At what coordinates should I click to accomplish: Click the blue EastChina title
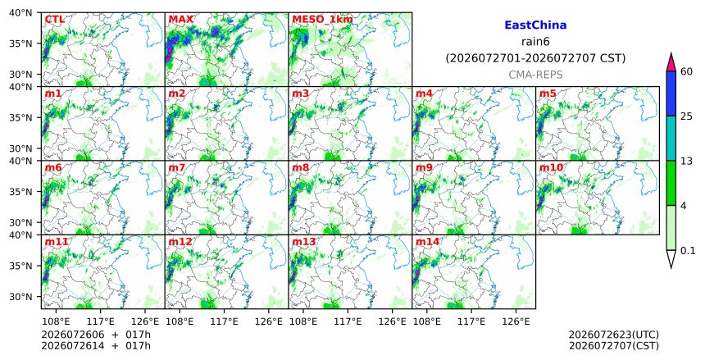tap(535, 25)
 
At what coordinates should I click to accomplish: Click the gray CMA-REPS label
tap(535, 75)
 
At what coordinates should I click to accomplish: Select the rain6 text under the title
tap(535, 42)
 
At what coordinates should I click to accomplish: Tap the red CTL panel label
tap(54, 19)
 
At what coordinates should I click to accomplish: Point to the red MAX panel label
tap(180, 19)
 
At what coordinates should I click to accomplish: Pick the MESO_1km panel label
tap(322, 20)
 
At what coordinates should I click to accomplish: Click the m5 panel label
tap(548, 93)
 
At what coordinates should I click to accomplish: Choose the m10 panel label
tap(551, 167)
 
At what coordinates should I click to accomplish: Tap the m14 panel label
tap(427, 242)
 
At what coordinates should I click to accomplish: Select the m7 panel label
tap(177, 167)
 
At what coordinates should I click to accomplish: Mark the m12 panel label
tap(180, 242)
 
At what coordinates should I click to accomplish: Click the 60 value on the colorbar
tap(686, 71)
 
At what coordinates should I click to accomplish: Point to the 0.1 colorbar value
tap(688, 251)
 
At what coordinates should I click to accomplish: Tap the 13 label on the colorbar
tap(686, 161)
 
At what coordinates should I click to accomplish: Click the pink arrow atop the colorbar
tap(671, 62)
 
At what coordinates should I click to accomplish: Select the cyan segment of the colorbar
tap(671, 138)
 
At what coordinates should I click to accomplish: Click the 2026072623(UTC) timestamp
tap(614, 335)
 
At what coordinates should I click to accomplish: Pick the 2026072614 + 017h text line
tap(96, 346)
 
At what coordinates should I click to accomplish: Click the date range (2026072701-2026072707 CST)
tap(535, 58)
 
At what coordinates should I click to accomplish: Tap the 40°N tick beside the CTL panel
tap(20, 13)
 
